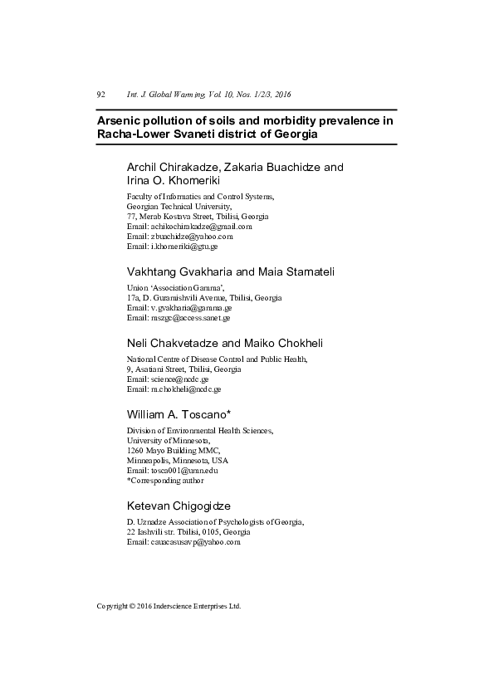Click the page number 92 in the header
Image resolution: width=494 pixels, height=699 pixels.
pyautogui.click(x=100, y=95)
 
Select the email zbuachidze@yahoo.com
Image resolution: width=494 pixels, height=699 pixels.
pyautogui.click(x=191, y=236)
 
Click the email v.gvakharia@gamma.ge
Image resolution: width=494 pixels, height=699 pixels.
pyautogui.click(x=189, y=307)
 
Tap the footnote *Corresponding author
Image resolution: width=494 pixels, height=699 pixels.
pyautogui.click(x=164, y=480)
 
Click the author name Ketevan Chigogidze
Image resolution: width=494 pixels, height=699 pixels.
pyautogui.click(x=179, y=506)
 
